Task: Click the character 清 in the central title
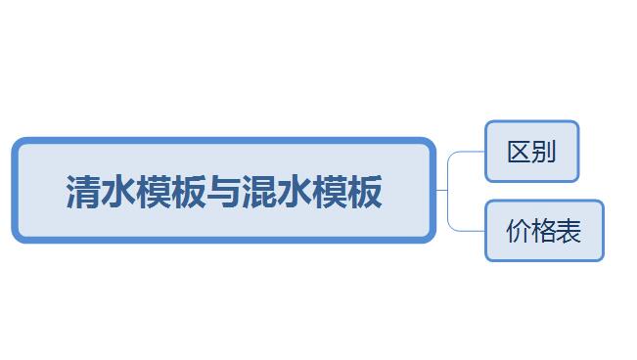83,192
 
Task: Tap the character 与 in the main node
223,192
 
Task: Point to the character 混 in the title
258,192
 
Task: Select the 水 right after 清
117,192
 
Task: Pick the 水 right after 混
294,192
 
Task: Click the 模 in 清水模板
154,192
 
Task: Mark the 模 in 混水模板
329,192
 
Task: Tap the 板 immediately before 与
188,192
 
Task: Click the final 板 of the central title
364,192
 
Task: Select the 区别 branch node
531,152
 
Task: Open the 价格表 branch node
544,231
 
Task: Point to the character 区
520,152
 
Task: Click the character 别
544,152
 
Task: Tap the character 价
519,231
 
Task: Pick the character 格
544,231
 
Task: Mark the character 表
569,231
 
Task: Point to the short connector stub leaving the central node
441,190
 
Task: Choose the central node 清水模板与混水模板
224,190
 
